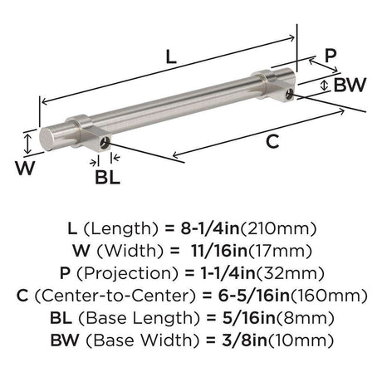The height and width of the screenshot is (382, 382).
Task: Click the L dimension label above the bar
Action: pyautogui.click(x=171, y=57)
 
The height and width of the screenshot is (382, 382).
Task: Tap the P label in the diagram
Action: pyautogui.click(x=331, y=55)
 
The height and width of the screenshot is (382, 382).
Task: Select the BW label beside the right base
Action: pyautogui.click(x=350, y=85)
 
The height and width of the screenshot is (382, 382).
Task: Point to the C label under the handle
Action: pyautogui.click(x=272, y=141)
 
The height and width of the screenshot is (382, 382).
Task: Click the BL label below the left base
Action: pyautogui.click(x=108, y=177)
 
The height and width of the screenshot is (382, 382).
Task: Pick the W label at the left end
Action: pyautogui.click(x=25, y=168)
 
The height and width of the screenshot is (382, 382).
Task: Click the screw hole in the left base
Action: pyautogui.click(x=105, y=143)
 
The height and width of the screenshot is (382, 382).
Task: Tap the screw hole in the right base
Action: pyautogui.click(x=290, y=94)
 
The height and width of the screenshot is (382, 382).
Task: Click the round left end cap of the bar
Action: pyautogui.click(x=47, y=139)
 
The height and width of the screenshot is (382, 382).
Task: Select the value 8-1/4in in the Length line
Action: pyautogui.click(x=210, y=228)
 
